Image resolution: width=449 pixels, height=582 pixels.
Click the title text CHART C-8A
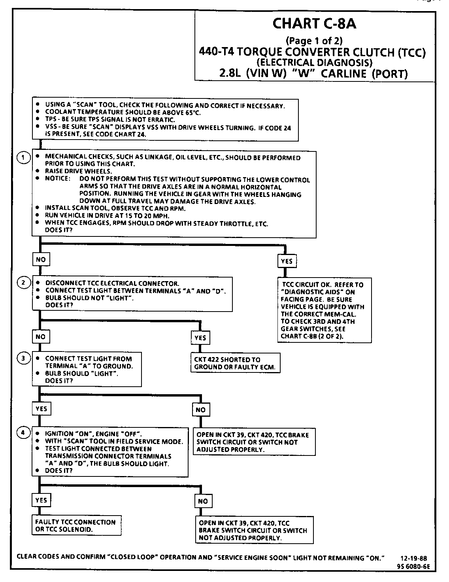coord(314,24)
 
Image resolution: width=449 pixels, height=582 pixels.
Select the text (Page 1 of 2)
coord(314,40)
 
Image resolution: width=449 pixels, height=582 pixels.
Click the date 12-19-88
coord(413,559)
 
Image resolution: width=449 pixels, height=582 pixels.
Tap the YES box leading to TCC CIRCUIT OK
coord(287,261)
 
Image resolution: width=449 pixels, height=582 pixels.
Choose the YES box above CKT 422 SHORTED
coord(200,338)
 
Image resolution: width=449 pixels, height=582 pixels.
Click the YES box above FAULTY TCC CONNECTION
coord(41,500)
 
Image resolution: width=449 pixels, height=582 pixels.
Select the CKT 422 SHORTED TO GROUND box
coord(235,363)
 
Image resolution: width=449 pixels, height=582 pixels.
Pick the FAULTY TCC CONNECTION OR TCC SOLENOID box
coord(75,525)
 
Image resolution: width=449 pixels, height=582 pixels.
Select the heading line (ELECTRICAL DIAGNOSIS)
coord(314,62)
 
